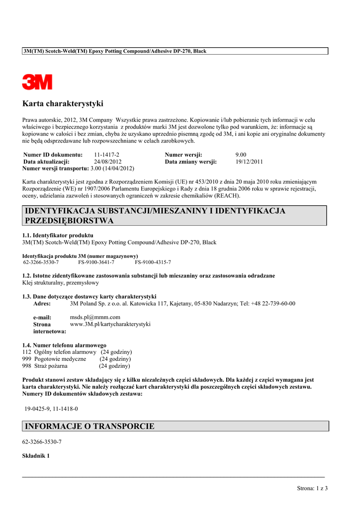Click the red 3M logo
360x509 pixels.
coord(37,82)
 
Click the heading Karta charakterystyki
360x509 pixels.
coord(63,104)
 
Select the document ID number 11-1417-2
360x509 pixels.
coord(106,155)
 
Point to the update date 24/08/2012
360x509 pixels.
coord(107,162)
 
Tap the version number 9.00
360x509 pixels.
coord(241,155)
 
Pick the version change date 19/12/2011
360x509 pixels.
coord(249,162)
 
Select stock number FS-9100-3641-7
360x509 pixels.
coord(96,261)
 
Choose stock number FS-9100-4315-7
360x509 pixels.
coord(153,261)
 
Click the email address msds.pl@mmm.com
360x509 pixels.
coord(95,317)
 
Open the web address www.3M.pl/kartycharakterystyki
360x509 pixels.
coord(110,324)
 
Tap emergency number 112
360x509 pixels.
coord(27,351)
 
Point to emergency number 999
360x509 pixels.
coord(27,358)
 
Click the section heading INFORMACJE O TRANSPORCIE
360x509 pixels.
coord(90,426)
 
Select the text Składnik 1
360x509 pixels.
coord(36,456)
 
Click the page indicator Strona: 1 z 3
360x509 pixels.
coord(312,488)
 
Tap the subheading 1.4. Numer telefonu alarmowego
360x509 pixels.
coord(65,344)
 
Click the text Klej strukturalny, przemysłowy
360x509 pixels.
coord(61,282)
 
